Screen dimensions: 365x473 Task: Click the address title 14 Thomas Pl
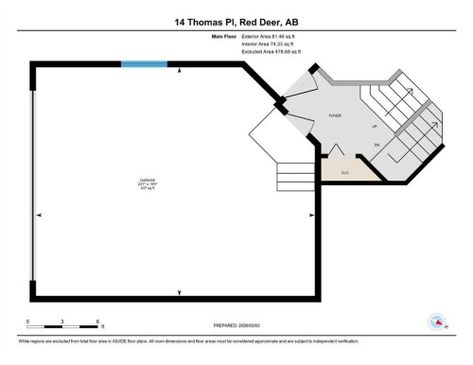tap(236, 21)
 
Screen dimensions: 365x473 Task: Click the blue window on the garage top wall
tap(144, 64)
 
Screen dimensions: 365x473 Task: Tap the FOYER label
tap(335, 114)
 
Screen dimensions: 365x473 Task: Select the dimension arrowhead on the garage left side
tap(39, 217)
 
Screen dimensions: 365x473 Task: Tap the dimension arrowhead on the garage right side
tap(311, 217)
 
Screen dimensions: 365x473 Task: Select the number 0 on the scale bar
tap(28, 322)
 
